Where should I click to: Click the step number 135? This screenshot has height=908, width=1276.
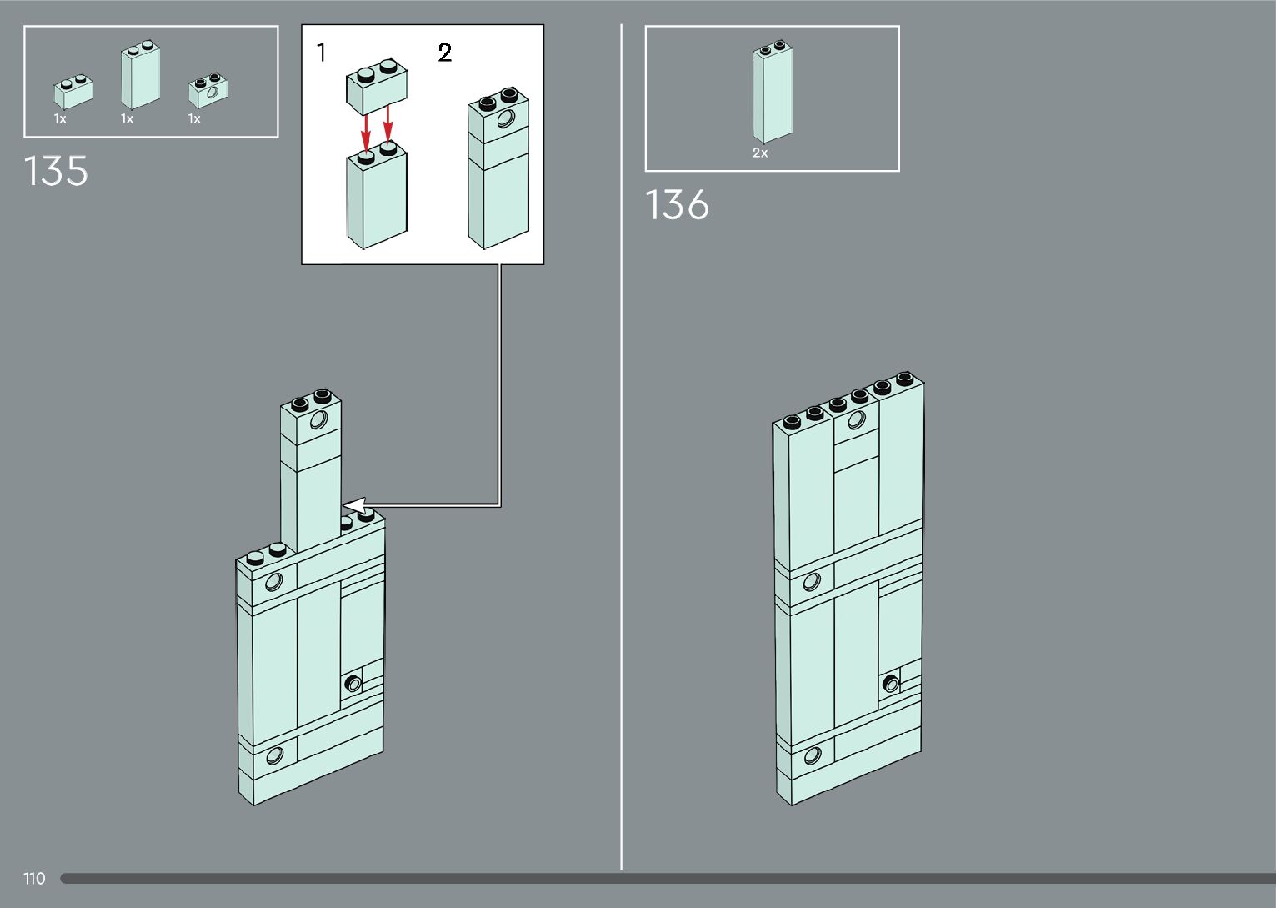[56, 171]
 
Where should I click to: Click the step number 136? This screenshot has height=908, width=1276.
[677, 205]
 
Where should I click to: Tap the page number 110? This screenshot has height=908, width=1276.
[34, 878]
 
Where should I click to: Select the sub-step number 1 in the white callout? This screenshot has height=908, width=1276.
[322, 53]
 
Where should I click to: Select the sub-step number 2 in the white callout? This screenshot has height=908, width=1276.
[444, 53]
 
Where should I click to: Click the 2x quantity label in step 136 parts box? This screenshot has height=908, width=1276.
[760, 153]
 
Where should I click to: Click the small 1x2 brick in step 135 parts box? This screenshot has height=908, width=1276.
[73, 92]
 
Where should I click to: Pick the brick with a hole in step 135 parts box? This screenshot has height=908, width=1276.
[208, 90]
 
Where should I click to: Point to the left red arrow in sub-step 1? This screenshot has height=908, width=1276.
[365, 131]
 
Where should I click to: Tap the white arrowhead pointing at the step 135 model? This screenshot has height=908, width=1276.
[355, 505]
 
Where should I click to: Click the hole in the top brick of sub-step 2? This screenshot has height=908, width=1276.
[506, 119]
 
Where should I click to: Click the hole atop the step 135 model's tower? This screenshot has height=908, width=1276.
[318, 419]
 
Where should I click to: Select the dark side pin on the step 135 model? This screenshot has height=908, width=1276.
[353, 685]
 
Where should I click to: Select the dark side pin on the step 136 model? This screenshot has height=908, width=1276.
[891, 685]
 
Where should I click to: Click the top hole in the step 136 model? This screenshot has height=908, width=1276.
[856, 420]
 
